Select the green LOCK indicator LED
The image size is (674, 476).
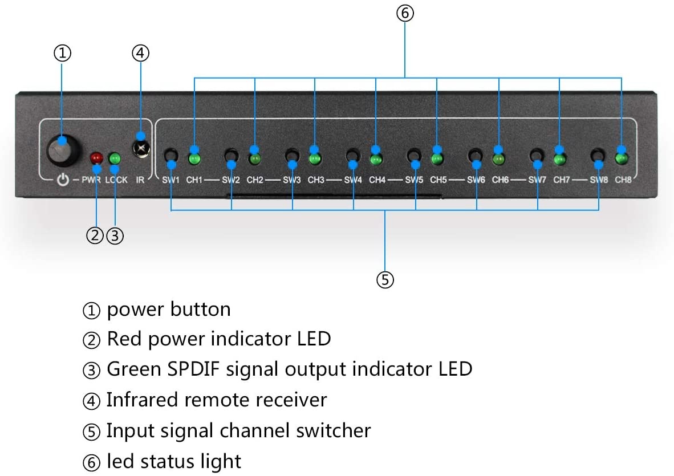115,157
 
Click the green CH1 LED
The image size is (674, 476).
195,157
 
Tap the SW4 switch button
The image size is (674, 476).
353,155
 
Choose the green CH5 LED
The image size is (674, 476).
438,157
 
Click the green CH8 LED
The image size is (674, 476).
622,156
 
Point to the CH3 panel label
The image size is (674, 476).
316,180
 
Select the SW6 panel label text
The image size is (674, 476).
476,180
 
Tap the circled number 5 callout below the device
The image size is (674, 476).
385,279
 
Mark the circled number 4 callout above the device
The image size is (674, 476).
140,53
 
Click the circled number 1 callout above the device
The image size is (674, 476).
62,53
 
